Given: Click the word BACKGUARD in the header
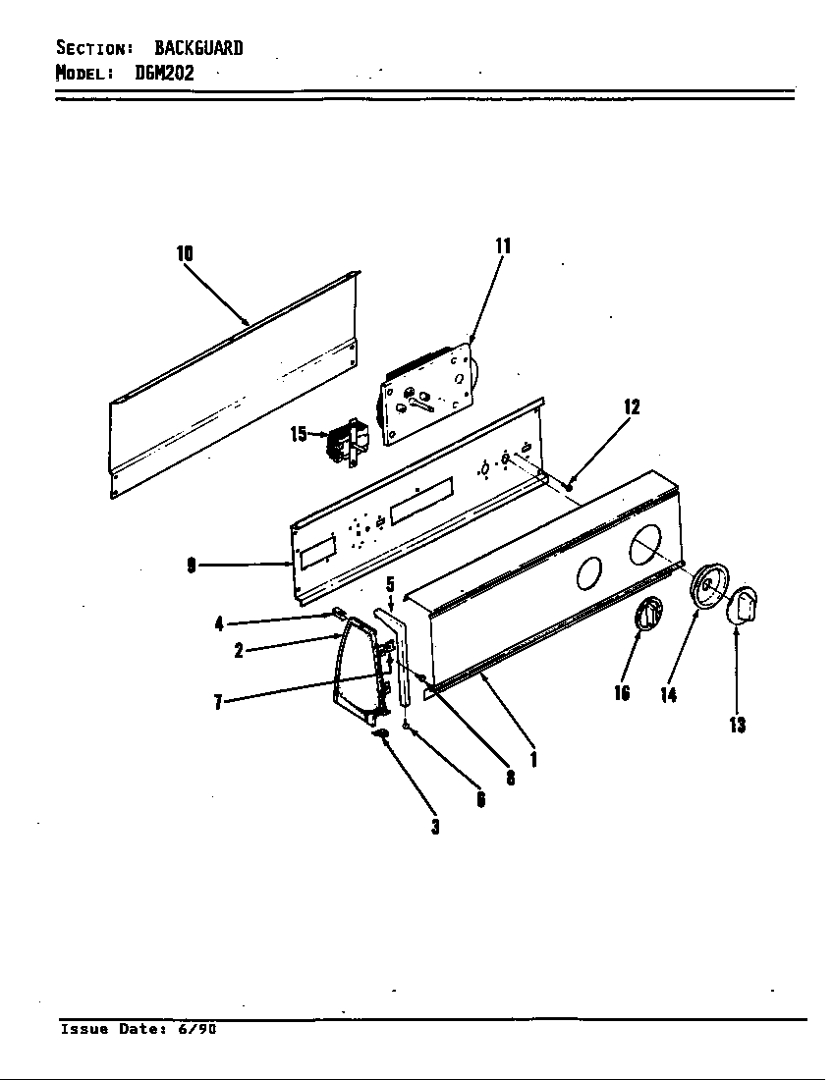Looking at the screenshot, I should pos(198,48).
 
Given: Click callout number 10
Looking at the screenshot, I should pos(185,253).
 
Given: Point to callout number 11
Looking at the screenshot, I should pos(503,245).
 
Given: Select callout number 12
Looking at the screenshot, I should pos(632,406).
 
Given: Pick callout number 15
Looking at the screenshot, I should pos(299,433).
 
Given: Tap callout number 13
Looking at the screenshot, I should pos(737,725).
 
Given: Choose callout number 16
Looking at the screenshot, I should pos(622,693).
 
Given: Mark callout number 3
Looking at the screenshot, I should pos(434,826).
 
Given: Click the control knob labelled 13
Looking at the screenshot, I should pos(746,603).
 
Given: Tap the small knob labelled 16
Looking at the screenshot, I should pos(648,615).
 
